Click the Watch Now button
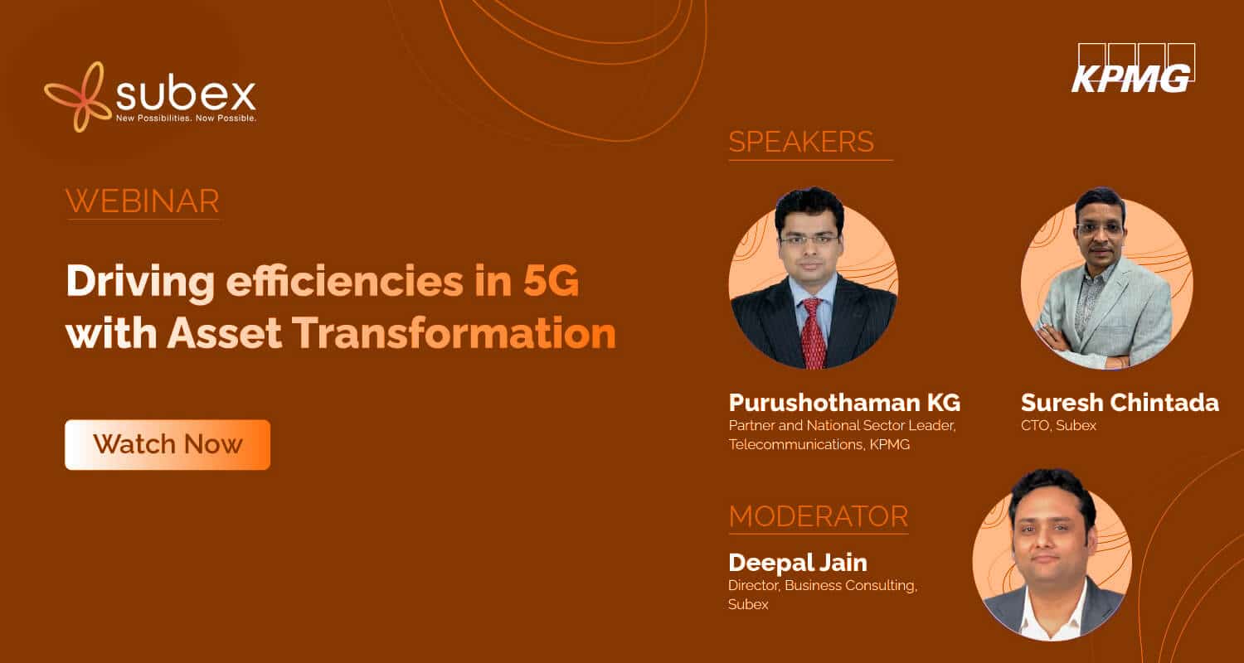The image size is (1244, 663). [x=168, y=444]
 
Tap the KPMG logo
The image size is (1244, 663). [x=1132, y=68]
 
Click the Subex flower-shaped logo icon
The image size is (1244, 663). [x=78, y=96]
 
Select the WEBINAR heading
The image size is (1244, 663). [x=143, y=201]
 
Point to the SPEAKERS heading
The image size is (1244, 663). [x=801, y=142]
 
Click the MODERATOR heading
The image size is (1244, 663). [x=818, y=516]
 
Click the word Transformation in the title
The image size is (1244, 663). [x=454, y=333]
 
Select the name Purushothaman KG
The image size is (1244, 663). [x=844, y=402]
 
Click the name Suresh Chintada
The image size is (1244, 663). [x=1120, y=402]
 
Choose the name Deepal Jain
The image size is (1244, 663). [x=798, y=563]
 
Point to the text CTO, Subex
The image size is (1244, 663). [x=1058, y=425]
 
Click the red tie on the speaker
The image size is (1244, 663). [x=814, y=333]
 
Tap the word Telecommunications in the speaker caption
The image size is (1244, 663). [x=796, y=444]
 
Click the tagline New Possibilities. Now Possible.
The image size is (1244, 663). [x=186, y=119]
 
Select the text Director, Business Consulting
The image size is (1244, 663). [x=823, y=586]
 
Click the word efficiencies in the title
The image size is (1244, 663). [x=344, y=281]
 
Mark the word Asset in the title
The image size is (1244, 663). [x=225, y=333]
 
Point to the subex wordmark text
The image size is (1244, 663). [x=186, y=94]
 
